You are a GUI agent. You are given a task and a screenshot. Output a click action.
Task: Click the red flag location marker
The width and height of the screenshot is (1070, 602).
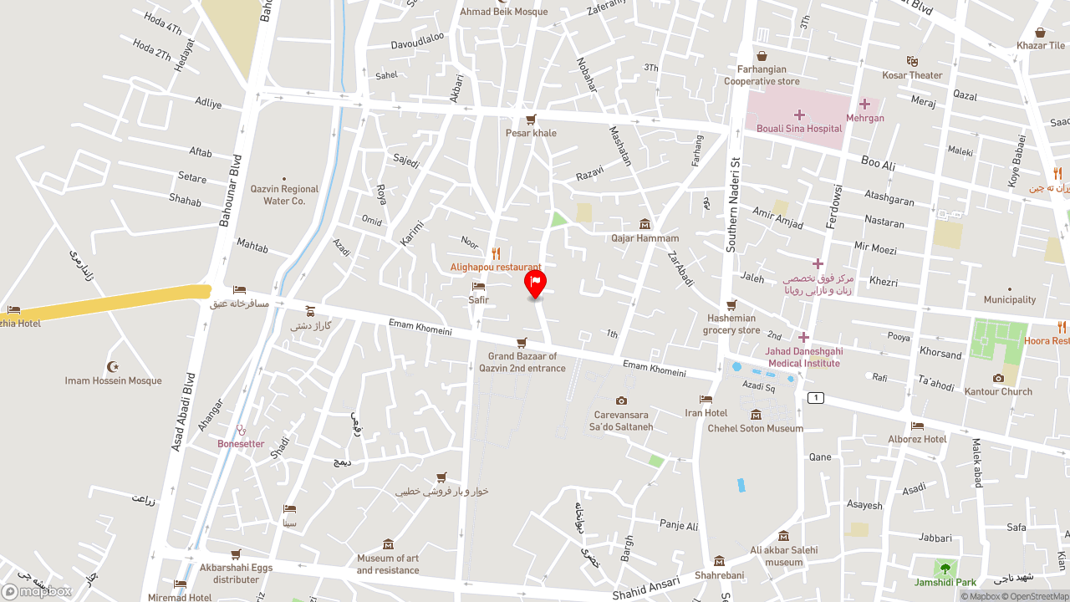pyautogui.click(x=535, y=283)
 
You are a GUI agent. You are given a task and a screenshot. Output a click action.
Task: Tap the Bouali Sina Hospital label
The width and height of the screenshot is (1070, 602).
pyautogui.click(x=799, y=129)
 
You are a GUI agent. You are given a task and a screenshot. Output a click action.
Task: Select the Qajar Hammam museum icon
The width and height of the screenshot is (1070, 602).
pyautogui.click(x=645, y=224)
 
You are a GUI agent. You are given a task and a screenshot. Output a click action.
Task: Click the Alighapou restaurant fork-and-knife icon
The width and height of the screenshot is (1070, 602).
pyautogui.click(x=496, y=253)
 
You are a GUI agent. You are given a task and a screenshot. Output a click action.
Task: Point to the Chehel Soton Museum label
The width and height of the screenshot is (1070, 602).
pyautogui.click(x=756, y=428)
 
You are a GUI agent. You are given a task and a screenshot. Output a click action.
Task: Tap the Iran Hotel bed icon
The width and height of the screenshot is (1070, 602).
pyautogui.click(x=706, y=400)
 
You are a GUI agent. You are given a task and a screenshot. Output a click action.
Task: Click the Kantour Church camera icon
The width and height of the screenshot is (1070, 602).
pyautogui.click(x=998, y=378)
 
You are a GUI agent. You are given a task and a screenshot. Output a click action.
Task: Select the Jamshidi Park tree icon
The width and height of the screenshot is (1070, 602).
pyautogui.click(x=945, y=569)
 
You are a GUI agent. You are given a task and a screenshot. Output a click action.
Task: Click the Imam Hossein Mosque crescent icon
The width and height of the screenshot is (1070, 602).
pyautogui.click(x=113, y=367)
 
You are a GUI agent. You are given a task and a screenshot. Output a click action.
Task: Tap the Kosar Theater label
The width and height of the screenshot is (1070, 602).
pyautogui.click(x=912, y=75)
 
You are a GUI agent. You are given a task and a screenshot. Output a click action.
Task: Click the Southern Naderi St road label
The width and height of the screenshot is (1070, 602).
pyautogui.click(x=732, y=205)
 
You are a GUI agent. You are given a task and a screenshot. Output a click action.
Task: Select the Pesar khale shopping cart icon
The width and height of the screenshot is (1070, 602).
pyautogui.click(x=531, y=120)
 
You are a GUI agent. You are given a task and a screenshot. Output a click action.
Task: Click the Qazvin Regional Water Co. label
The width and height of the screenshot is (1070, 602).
pyautogui.click(x=284, y=195)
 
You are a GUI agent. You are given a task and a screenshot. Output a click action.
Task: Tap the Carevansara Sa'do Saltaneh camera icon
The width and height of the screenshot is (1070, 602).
pyautogui.click(x=621, y=400)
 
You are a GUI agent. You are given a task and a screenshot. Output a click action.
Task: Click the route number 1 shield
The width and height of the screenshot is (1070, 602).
pyautogui.click(x=816, y=398)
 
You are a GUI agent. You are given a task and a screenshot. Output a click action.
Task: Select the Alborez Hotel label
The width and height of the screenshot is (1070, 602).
pyautogui.click(x=917, y=439)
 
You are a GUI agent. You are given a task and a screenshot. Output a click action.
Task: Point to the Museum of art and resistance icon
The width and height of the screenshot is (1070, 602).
pyautogui.click(x=388, y=544)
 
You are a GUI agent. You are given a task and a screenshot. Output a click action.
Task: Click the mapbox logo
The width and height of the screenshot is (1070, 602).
pyautogui.click(x=37, y=592)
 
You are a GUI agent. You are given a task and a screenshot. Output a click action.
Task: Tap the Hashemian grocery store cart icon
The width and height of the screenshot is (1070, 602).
pyautogui.click(x=731, y=305)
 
